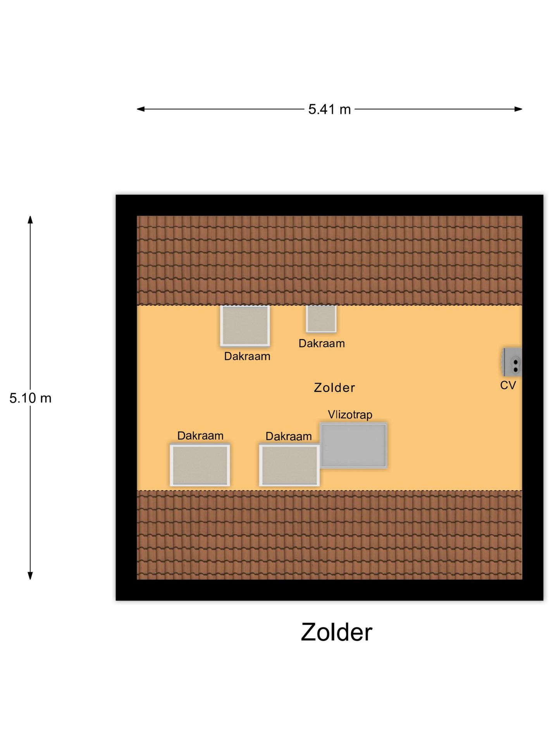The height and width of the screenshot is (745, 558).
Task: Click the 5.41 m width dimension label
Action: [329, 109]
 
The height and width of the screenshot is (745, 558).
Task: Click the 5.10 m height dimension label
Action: [30, 398]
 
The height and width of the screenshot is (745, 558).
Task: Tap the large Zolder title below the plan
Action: [336, 632]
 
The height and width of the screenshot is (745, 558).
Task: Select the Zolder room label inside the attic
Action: [334, 388]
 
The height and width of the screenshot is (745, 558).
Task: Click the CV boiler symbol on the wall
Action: [512, 362]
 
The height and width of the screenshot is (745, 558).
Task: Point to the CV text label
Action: [508, 385]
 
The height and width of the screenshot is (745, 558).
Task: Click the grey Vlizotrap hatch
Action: [353, 445]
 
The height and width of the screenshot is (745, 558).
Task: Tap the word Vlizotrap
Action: [350, 414]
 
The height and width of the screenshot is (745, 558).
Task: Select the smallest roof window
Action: [321, 319]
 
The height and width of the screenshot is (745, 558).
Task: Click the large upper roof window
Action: [245, 326]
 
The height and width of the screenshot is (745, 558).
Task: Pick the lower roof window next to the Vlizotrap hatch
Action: [289, 465]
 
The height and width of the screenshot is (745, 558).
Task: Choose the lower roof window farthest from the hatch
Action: [200, 465]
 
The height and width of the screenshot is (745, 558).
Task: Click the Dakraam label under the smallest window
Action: [322, 343]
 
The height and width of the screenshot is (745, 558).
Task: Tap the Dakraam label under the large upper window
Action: [247, 356]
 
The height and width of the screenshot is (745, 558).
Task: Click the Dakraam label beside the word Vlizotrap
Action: [289, 437]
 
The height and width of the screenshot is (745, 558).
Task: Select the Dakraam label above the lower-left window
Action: [200, 436]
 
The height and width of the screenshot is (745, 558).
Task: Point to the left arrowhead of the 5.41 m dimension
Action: [141, 109]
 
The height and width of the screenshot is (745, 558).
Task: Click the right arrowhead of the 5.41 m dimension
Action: [518, 109]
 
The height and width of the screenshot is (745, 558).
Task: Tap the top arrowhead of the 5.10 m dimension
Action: [30, 220]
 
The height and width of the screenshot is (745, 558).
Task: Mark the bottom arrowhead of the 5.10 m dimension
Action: [30, 576]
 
